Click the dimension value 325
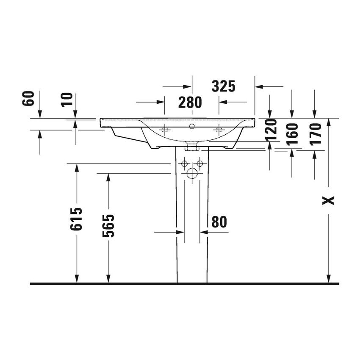(223, 86)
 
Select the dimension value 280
(190, 102)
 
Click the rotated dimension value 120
(271, 129)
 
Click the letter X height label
(329, 200)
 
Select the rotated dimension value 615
(77, 219)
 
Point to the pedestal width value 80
(219, 222)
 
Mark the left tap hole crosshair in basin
(165, 129)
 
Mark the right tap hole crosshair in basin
(219, 129)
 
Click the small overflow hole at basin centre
(192, 126)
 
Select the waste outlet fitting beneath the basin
(192, 147)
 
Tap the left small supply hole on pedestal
(184, 163)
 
